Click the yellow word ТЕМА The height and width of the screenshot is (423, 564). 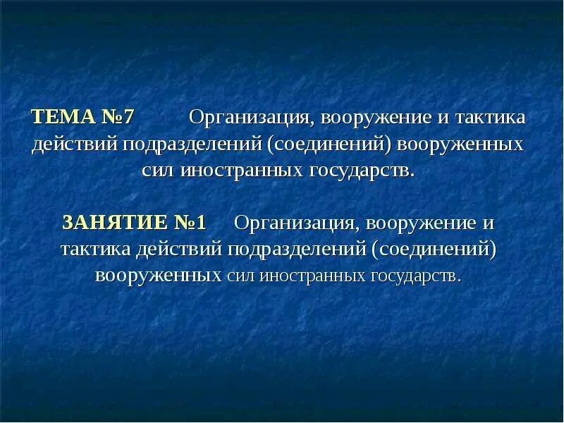pyautogui.click(x=61, y=116)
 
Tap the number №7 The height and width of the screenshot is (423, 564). pyautogui.click(x=116, y=116)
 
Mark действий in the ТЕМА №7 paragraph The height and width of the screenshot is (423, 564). pyautogui.click(x=75, y=144)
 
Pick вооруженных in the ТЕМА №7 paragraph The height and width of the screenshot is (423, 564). pyautogui.click(x=461, y=144)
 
